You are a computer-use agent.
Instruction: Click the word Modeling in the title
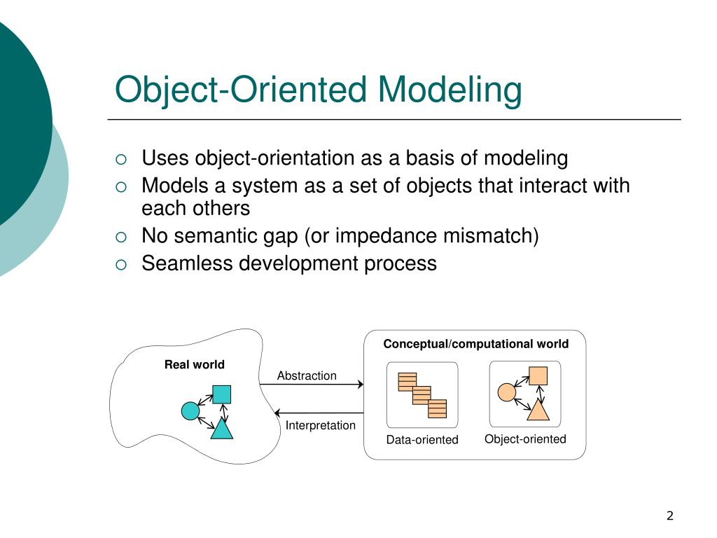click(450, 90)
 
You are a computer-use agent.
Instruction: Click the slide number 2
click(669, 516)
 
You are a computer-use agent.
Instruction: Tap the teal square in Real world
click(222, 394)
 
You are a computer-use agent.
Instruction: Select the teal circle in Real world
click(190, 411)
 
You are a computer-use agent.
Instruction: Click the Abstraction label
click(307, 375)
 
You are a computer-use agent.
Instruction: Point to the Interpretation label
click(320, 425)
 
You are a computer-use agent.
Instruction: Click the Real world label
click(195, 364)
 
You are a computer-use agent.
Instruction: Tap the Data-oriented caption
click(422, 440)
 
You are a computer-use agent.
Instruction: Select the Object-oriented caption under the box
click(525, 439)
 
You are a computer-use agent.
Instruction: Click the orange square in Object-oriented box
click(538, 375)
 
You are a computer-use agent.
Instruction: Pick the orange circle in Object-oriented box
click(506, 392)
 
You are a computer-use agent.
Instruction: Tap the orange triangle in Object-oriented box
click(538, 410)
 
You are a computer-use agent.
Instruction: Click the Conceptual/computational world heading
click(475, 344)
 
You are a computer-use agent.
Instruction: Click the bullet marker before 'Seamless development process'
click(120, 264)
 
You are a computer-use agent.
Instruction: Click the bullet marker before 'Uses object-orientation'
click(120, 159)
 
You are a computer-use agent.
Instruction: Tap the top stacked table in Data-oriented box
click(406, 381)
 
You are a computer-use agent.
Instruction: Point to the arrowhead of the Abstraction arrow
click(361, 384)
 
